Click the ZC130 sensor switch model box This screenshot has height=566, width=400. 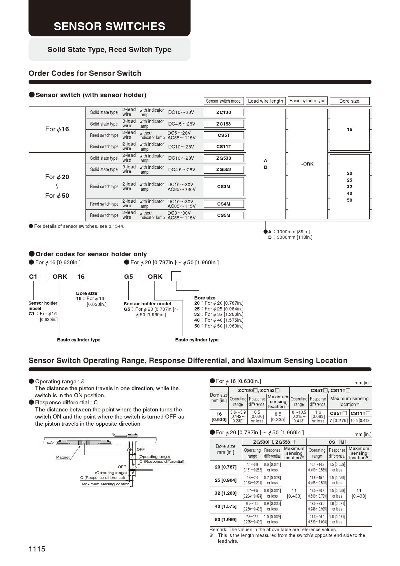[x=224, y=112]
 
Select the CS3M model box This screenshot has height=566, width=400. [x=224, y=187]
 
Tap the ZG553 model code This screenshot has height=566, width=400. [x=224, y=169]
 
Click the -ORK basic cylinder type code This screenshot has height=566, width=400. [x=307, y=164]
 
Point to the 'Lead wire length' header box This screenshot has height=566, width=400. [x=265, y=101]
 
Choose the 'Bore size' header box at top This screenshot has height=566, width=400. [x=349, y=101]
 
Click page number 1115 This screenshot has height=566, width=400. [x=37, y=549]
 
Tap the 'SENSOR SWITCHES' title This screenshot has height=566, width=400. [x=109, y=26]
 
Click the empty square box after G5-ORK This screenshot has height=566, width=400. [x=176, y=276]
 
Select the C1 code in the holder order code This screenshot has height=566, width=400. [x=33, y=277]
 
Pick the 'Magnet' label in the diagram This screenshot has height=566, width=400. [x=63, y=457]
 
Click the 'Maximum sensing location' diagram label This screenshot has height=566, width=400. [x=105, y=484]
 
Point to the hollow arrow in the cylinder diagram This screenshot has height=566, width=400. [x=50, y=442]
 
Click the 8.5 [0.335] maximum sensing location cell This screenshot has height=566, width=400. [x=278, y=417]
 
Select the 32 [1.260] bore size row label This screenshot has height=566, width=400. [x=225, y=493]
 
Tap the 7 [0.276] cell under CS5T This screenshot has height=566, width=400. [x=338, y=420]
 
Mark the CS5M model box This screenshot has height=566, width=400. [x=224, y=215]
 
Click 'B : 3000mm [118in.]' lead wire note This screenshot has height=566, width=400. [x=290, y=237]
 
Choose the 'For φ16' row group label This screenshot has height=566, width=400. [x=57, y=129]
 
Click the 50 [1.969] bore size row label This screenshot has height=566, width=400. [x=225, y=520]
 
